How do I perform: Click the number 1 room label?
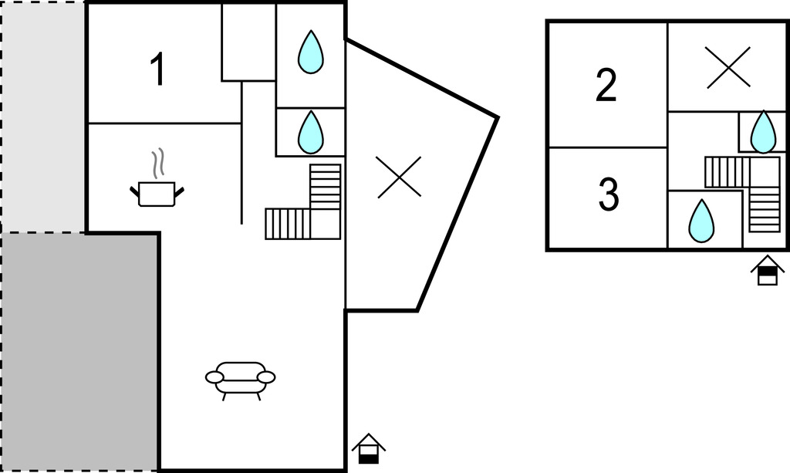tap(157, 69)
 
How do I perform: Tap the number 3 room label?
tap(609, 195)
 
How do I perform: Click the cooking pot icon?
tap(157, 193)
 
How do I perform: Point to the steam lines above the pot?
tap(158, 163)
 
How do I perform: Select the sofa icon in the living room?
tap(240, 377)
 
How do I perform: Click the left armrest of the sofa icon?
tap(214, 377)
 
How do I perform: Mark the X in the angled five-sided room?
tap(399, 176)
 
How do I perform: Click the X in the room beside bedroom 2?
tap(728, 67)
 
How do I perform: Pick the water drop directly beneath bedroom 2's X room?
tap(763, 132)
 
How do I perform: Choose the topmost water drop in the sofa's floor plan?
tap(310, 52)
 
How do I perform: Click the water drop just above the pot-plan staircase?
tap(310, 131)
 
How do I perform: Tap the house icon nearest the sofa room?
tap(369, 448)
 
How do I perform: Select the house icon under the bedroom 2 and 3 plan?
tap(768, 270)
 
